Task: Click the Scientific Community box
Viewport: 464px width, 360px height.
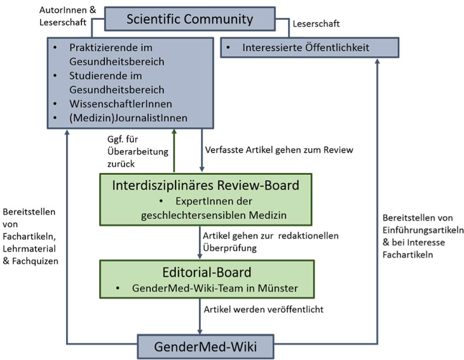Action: (x=189, y=18)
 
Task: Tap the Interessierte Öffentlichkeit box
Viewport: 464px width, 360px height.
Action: (x=309, y=48)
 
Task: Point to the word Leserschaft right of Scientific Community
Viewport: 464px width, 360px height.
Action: (x=317, y=24)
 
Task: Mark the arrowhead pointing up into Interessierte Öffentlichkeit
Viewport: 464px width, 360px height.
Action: (x=378, y=61)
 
